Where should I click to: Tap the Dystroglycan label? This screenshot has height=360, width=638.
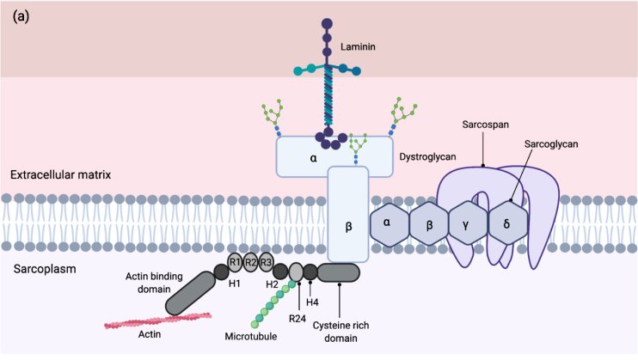coord(427,157)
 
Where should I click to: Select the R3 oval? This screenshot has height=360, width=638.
coord(267,262)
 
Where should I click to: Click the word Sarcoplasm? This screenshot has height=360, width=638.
coord(46,269)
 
